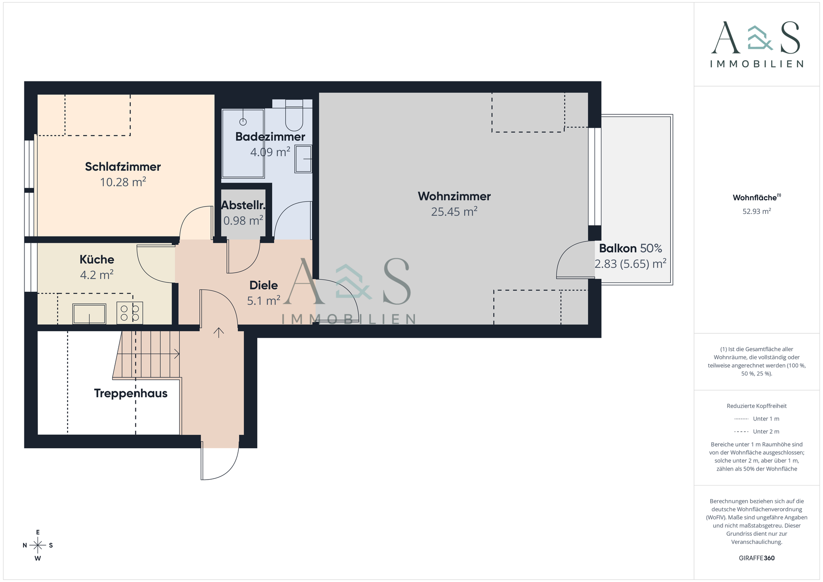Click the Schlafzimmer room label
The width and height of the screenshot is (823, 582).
[123, 167]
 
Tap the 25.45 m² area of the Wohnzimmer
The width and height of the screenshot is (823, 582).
[454, 212]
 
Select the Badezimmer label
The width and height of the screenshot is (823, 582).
[270, 137]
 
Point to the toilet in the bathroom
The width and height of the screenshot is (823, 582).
[294, 114]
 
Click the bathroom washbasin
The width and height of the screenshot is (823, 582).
[303, 159]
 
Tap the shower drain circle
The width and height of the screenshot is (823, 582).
[243, 122]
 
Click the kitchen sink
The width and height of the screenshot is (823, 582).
[89, 314]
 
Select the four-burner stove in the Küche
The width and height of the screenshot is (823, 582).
[129, 313]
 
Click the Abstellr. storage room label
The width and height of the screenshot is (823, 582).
[243, 205]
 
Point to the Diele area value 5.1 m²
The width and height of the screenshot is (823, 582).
[264, 301]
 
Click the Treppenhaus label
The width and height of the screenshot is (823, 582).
[131, 393]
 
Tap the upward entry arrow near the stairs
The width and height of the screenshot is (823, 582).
[219, 333]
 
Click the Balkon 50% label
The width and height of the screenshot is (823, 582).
[630, 249]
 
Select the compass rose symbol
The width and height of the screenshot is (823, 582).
[38, 545]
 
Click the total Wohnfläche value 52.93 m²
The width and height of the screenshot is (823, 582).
[757, 211]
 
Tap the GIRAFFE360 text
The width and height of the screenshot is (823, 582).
[757, 558]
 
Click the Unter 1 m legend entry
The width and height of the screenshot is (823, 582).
[757, 419]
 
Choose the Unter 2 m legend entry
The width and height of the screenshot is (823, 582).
[757, 432]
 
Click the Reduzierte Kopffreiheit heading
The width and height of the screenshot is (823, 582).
[757, 406]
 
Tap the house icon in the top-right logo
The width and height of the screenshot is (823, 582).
[760, 38]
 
